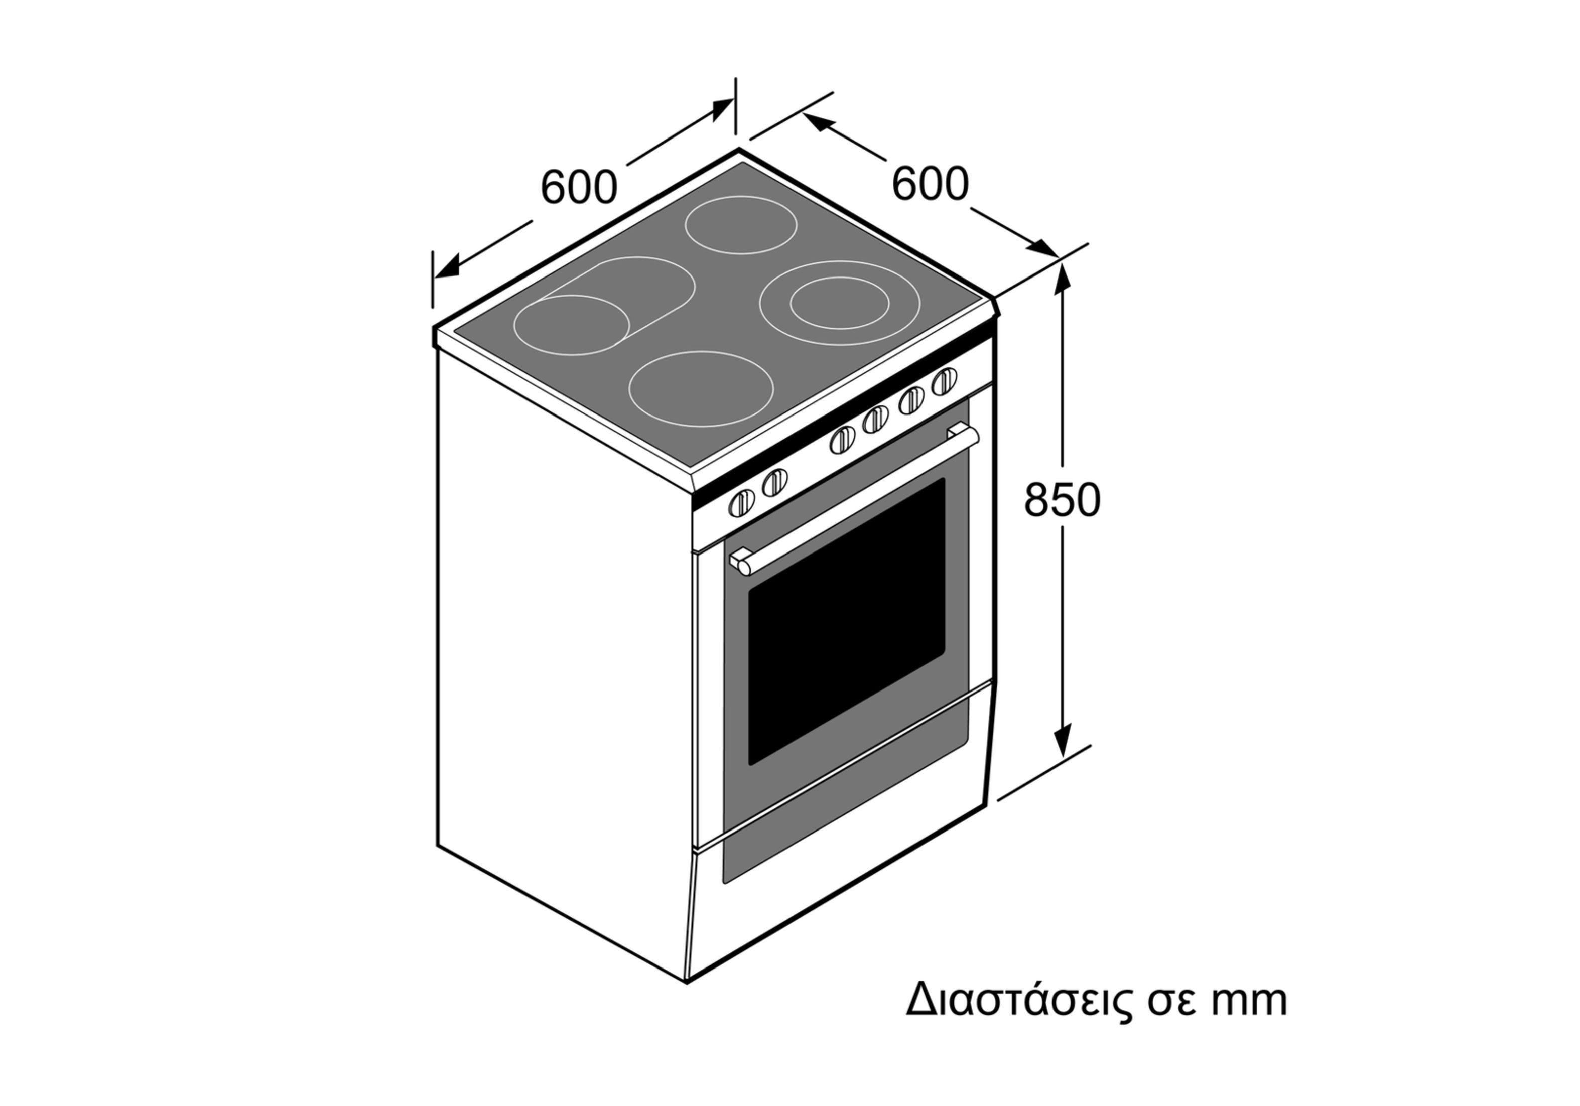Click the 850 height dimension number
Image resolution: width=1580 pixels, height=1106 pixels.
pos(1062,500)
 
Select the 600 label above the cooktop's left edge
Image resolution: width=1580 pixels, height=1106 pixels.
pos(579,187)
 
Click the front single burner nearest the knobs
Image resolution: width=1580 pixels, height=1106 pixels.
pos(701,388)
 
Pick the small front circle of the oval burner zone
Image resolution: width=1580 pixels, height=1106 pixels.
pos(571,325)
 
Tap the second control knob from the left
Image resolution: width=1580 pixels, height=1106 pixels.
pos(775,482)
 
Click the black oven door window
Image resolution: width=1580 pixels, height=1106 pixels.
pos(846,621)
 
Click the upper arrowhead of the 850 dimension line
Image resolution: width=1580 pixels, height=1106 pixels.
pos(1063,278)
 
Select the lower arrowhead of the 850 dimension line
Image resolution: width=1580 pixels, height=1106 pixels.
pos(1063,741)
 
